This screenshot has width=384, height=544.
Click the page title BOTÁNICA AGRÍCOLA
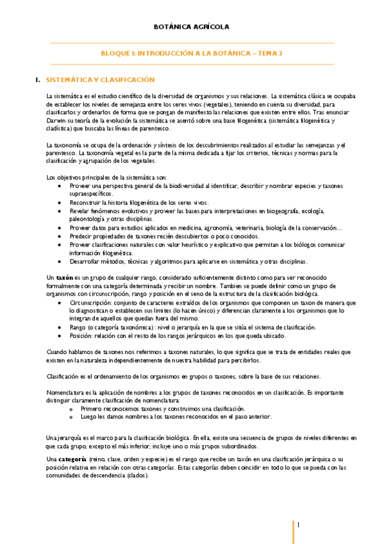pos(192,27)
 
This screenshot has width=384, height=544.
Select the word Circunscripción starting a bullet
pos(92,302)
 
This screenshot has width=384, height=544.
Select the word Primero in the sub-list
pos(93,409)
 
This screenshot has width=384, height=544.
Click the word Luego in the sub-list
pos(88,416)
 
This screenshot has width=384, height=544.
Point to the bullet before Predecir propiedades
pos(60,236)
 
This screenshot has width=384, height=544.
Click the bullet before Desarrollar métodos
pos(60,261)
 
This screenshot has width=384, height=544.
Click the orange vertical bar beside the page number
pos(294,530)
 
